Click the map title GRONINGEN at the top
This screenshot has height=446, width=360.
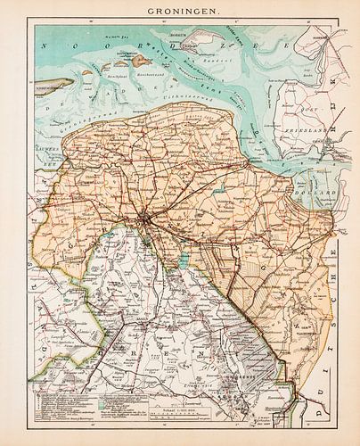pos(180,12)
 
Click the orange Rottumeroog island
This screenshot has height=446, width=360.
pos(140,62)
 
